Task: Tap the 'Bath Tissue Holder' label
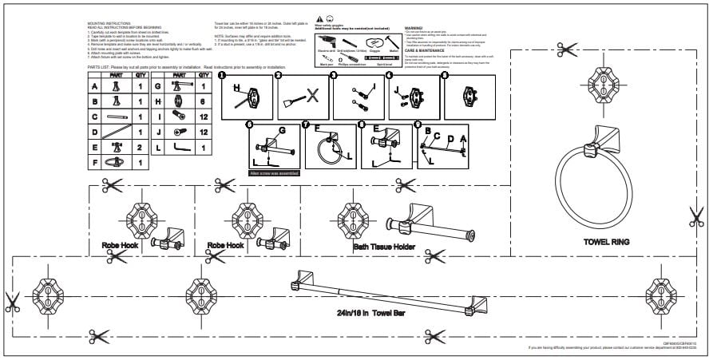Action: click(x=383, y=247)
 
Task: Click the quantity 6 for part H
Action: click(x=204, y=103)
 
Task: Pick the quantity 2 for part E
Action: click(x=141, y=147)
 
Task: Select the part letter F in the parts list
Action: click(x=95, y=162)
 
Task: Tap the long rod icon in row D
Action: click(x=116, y=133)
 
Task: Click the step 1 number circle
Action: click(x=223, y=77)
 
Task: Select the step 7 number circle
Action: click(x=305, y=125)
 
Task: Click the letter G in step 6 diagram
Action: click(x=281, y=130)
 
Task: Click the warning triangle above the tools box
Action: click(x=320, y=17)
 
